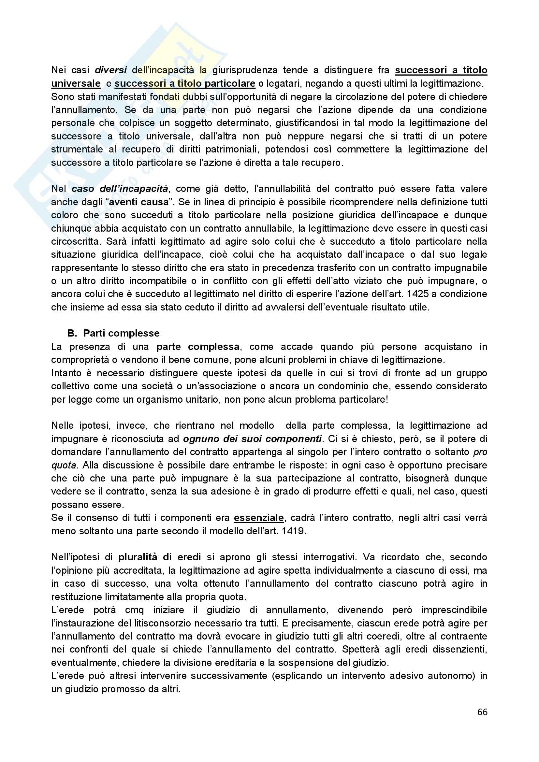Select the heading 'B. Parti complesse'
click(113, 333)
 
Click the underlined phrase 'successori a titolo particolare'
click(185, 84)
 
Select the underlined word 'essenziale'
click(259, 518)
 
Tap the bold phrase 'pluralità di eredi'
click(160, 557)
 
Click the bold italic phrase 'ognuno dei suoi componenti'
click(252, 439)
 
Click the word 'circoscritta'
click(75, 242)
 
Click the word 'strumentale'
click(77, 149)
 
